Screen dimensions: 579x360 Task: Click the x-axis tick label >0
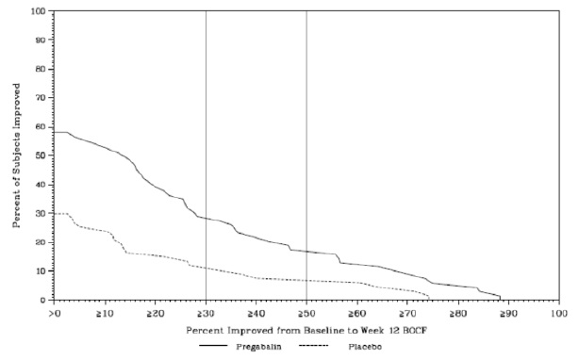tap(54, 314)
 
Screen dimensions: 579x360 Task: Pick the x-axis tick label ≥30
tap(205, 314)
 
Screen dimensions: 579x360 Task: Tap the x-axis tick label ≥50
tap(306, 314)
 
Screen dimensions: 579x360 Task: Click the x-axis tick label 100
tap(559, 314)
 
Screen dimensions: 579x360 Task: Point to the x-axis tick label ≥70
tap(406, 314)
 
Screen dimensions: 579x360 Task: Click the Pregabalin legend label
tap(258, 347)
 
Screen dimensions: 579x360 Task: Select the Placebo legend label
tap(365, 347)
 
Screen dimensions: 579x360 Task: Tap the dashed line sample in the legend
tap(313, 346)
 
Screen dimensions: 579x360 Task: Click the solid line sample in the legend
tap(213, 346)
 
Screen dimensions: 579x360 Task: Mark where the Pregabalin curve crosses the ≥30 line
tap(207, 219)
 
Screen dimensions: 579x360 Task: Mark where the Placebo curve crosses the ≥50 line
tap(306, 280)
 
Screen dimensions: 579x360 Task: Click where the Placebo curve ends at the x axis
tap(429, 300)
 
